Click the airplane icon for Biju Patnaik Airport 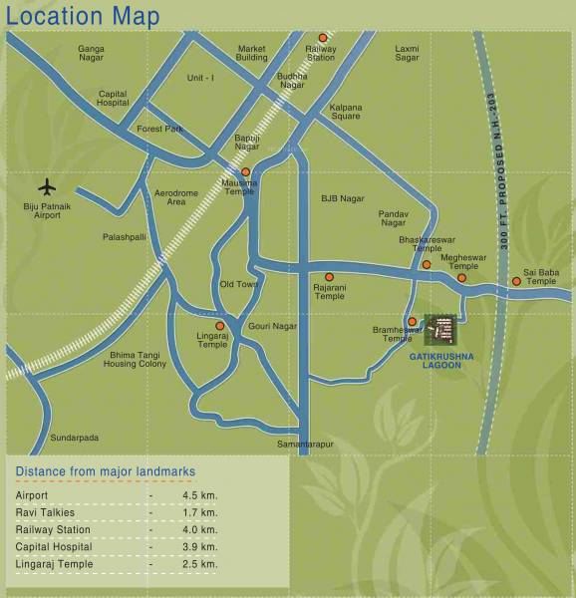pos(48,186)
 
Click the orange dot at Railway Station pos(322,38)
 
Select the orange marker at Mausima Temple pos(245,171)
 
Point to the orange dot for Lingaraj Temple pos(219,326)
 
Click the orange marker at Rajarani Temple pos(330,277)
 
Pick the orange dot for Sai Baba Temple pos(516,281)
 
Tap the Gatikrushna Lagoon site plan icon pos(440,329)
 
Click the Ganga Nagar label pos(91,53)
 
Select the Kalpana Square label pos(346,111)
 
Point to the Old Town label pos(239,284)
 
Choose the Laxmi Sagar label pos(407,53)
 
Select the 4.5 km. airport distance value pos(199,495)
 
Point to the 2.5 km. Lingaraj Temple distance pos(199,564)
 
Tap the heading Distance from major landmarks pos(106,471)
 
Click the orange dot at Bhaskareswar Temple pos(427,264)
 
